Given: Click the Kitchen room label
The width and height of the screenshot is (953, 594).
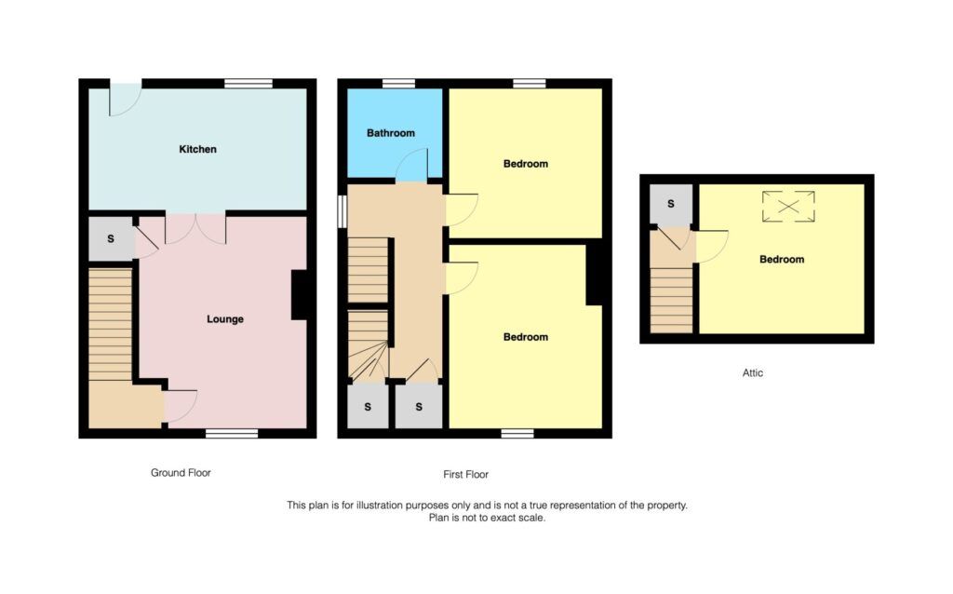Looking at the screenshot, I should [x=197, y=149].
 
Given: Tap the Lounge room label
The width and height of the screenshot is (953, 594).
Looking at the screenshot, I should [x=224, y=319].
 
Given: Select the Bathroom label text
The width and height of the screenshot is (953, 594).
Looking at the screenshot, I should [x=390, y=133].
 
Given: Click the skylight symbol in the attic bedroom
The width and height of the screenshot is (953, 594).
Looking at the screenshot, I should [x=788, y=206].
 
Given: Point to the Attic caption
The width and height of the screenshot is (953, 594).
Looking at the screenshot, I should [x=753, y=373].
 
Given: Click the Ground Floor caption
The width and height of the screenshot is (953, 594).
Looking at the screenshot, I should [x=181, y=473].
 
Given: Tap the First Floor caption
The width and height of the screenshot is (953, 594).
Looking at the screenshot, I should [x=465, y=475].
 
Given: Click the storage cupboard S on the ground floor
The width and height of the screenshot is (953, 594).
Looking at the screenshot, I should [x=111, y=239].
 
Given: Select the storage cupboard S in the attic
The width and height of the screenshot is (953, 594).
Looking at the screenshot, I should [x=670, y=204].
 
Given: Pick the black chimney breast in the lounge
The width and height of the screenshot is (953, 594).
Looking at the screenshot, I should [x=300, y=295].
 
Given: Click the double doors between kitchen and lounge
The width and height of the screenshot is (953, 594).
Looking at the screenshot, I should [x=195, y=229].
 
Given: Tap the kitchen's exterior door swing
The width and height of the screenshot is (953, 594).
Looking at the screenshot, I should [x=125, y=100].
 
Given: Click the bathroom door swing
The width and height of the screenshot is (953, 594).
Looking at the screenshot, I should [x=410, y=167].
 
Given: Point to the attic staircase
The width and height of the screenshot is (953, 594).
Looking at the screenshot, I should [x=672, y=296].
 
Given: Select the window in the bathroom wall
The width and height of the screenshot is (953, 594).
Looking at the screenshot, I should [x=398, y=84].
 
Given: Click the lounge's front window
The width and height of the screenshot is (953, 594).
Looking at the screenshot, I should [x=232, y=432].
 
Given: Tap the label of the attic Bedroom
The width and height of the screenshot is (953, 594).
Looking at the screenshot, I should [x=781, y=260].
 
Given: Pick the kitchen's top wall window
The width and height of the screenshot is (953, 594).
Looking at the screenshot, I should [x=248, y=84].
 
